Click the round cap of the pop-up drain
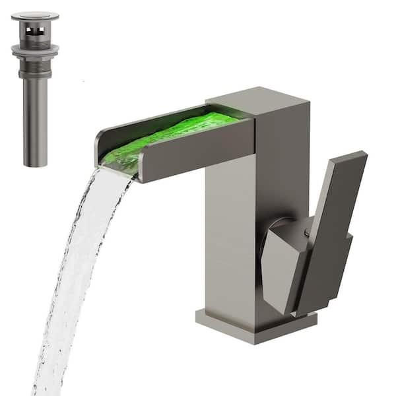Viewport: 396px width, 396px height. pyautogui.click(x=34, y=16)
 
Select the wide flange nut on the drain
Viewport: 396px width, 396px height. pyautogui.click(x=35, y=49)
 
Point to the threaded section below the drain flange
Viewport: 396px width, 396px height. pyautogui.click(x=35, y=65)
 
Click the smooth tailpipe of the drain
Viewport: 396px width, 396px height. pyautogui.click(x=35, y=119)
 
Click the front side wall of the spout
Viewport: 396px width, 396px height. pyautogui.click(x=198, y=148)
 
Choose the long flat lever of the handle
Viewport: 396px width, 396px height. pyautogui.click(x=330, y=218)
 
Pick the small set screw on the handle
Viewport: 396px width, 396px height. pyautogui.click(x=306, y=232)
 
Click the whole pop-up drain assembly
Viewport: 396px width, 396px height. pyautogui.click(x=35, y=86)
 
